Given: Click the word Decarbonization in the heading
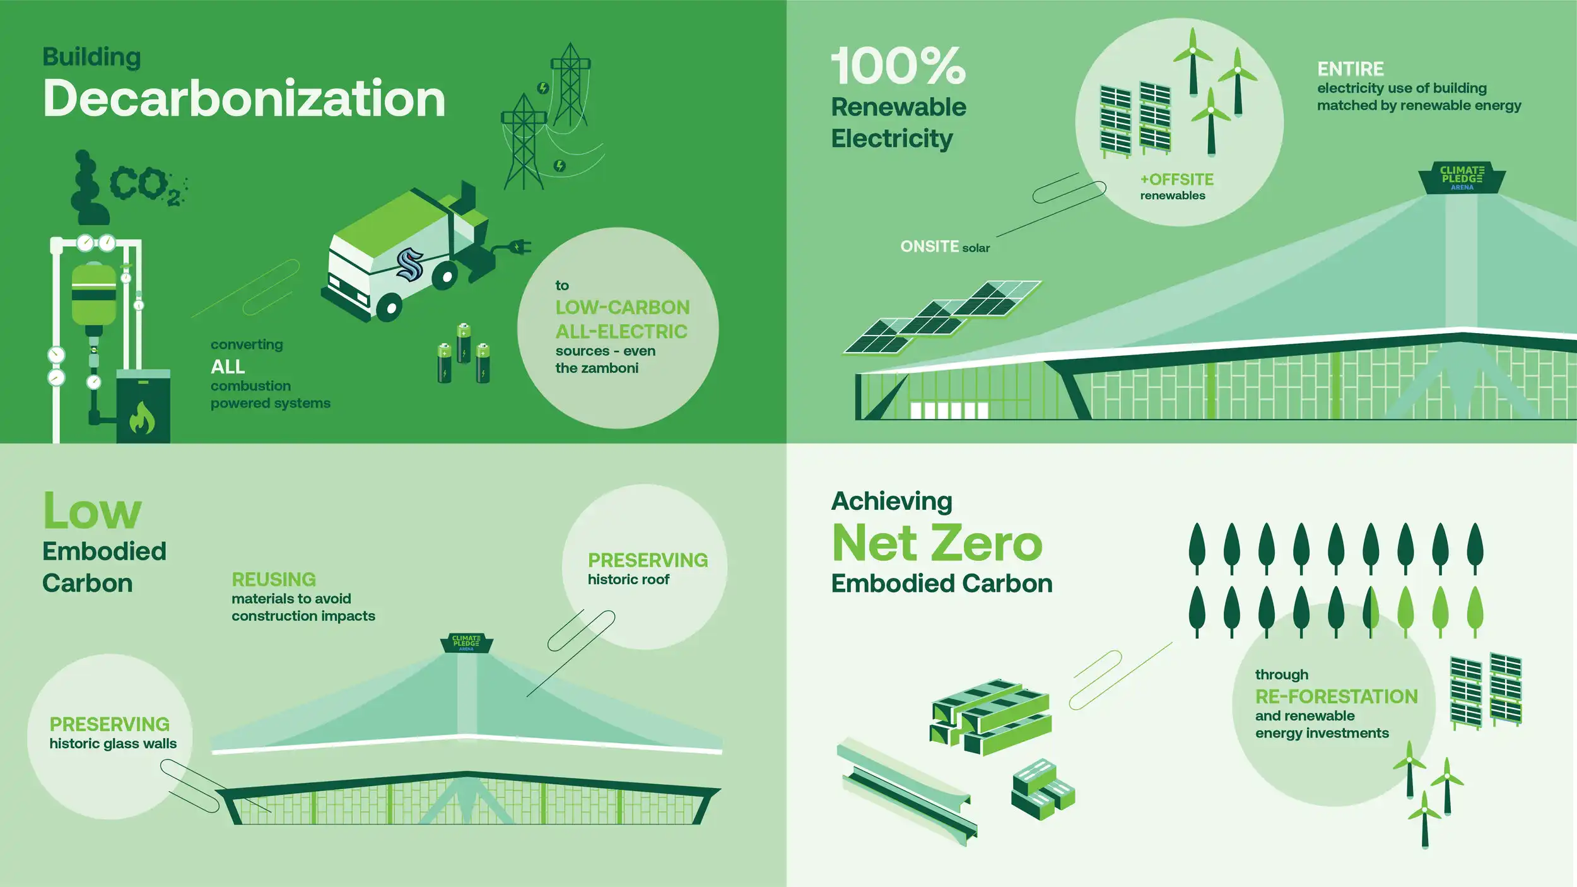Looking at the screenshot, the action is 244,98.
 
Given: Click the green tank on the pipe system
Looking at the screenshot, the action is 94,293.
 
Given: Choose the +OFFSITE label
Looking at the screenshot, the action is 1177,180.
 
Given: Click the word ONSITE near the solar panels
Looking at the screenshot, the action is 929,247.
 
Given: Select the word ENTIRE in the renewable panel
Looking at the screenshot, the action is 1351,69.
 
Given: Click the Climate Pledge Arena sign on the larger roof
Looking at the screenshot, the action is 1462,179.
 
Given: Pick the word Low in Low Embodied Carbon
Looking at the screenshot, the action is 92,511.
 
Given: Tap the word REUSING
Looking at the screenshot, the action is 274,579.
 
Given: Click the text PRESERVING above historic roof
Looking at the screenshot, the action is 648,560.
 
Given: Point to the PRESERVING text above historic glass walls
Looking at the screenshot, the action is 110,724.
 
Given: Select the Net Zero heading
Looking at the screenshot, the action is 937,543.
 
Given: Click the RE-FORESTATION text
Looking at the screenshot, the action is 1337,696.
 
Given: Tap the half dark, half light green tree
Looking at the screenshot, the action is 1371,612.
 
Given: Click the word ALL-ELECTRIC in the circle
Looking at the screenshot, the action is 621,331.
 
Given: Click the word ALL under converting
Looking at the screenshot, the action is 228,367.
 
